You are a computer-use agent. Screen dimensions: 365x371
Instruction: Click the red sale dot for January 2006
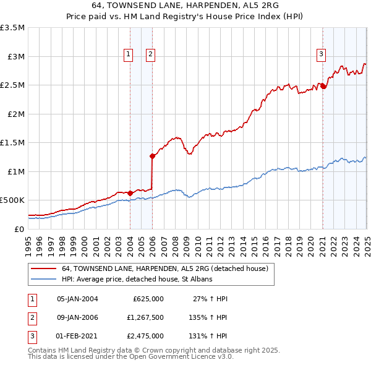(152, 156)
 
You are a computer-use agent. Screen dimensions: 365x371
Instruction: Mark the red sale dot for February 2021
(323, 87)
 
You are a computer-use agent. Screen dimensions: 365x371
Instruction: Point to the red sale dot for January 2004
(130, 192)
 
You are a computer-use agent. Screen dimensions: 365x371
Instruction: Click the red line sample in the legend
(43, 268)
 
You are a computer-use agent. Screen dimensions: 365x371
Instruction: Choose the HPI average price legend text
(137, 279)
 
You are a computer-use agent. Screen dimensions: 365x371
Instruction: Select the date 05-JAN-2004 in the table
(77, 299)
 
